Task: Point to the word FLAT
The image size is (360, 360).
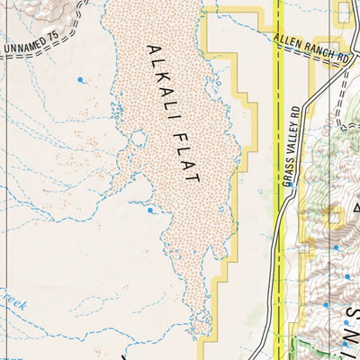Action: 184,157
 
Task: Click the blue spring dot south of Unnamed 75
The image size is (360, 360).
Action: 80,80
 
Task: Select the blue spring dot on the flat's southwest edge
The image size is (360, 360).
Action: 149,211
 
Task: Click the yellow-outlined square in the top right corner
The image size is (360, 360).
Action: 343,11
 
